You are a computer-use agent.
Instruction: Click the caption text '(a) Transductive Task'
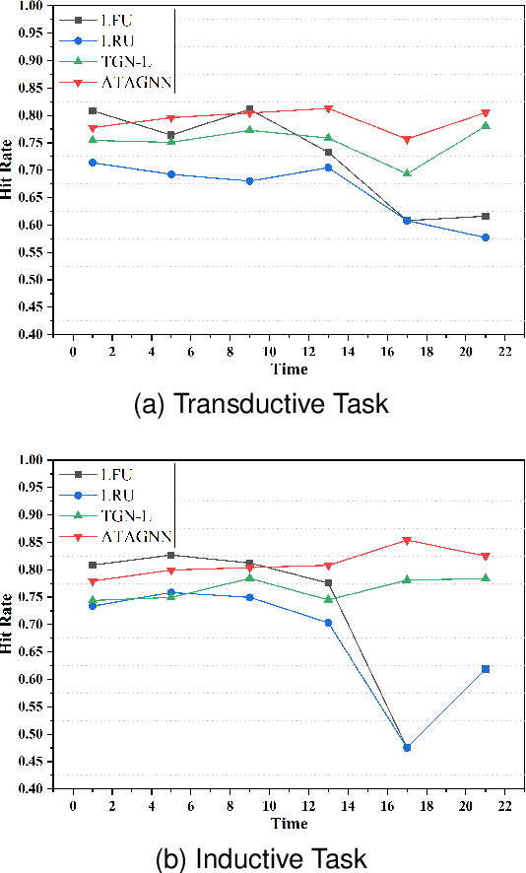262,404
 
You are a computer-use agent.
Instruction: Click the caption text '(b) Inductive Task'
262,858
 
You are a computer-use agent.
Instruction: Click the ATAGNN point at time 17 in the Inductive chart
407,540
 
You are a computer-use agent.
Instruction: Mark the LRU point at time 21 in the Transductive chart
486,237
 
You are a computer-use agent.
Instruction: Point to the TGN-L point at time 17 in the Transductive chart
407,173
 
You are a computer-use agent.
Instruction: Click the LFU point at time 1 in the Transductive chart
93,110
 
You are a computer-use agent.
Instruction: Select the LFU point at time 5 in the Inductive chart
171,555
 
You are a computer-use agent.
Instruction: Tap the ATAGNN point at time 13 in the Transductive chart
328,108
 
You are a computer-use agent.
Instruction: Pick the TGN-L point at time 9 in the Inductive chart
250,577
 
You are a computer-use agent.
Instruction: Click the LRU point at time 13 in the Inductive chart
328,623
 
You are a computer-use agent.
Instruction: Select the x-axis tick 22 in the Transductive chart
504,350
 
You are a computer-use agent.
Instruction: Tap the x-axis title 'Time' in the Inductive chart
290,824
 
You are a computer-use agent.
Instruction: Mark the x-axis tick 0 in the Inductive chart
73,805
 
